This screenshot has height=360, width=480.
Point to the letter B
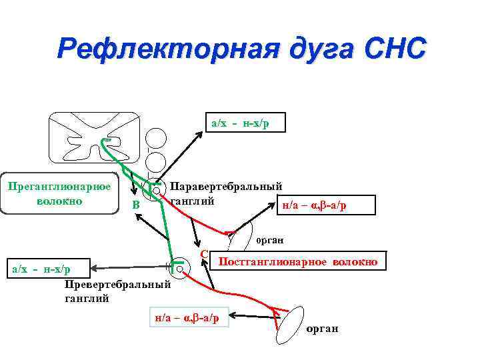tap(135, 205)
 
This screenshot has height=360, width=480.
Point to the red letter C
tap(204, 254)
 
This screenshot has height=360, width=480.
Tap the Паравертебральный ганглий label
tap(226, 193)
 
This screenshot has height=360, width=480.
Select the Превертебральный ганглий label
tap(117, 291)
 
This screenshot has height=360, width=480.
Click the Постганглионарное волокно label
tap(297, 262)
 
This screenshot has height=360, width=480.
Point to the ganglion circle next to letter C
tap(180, 265)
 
